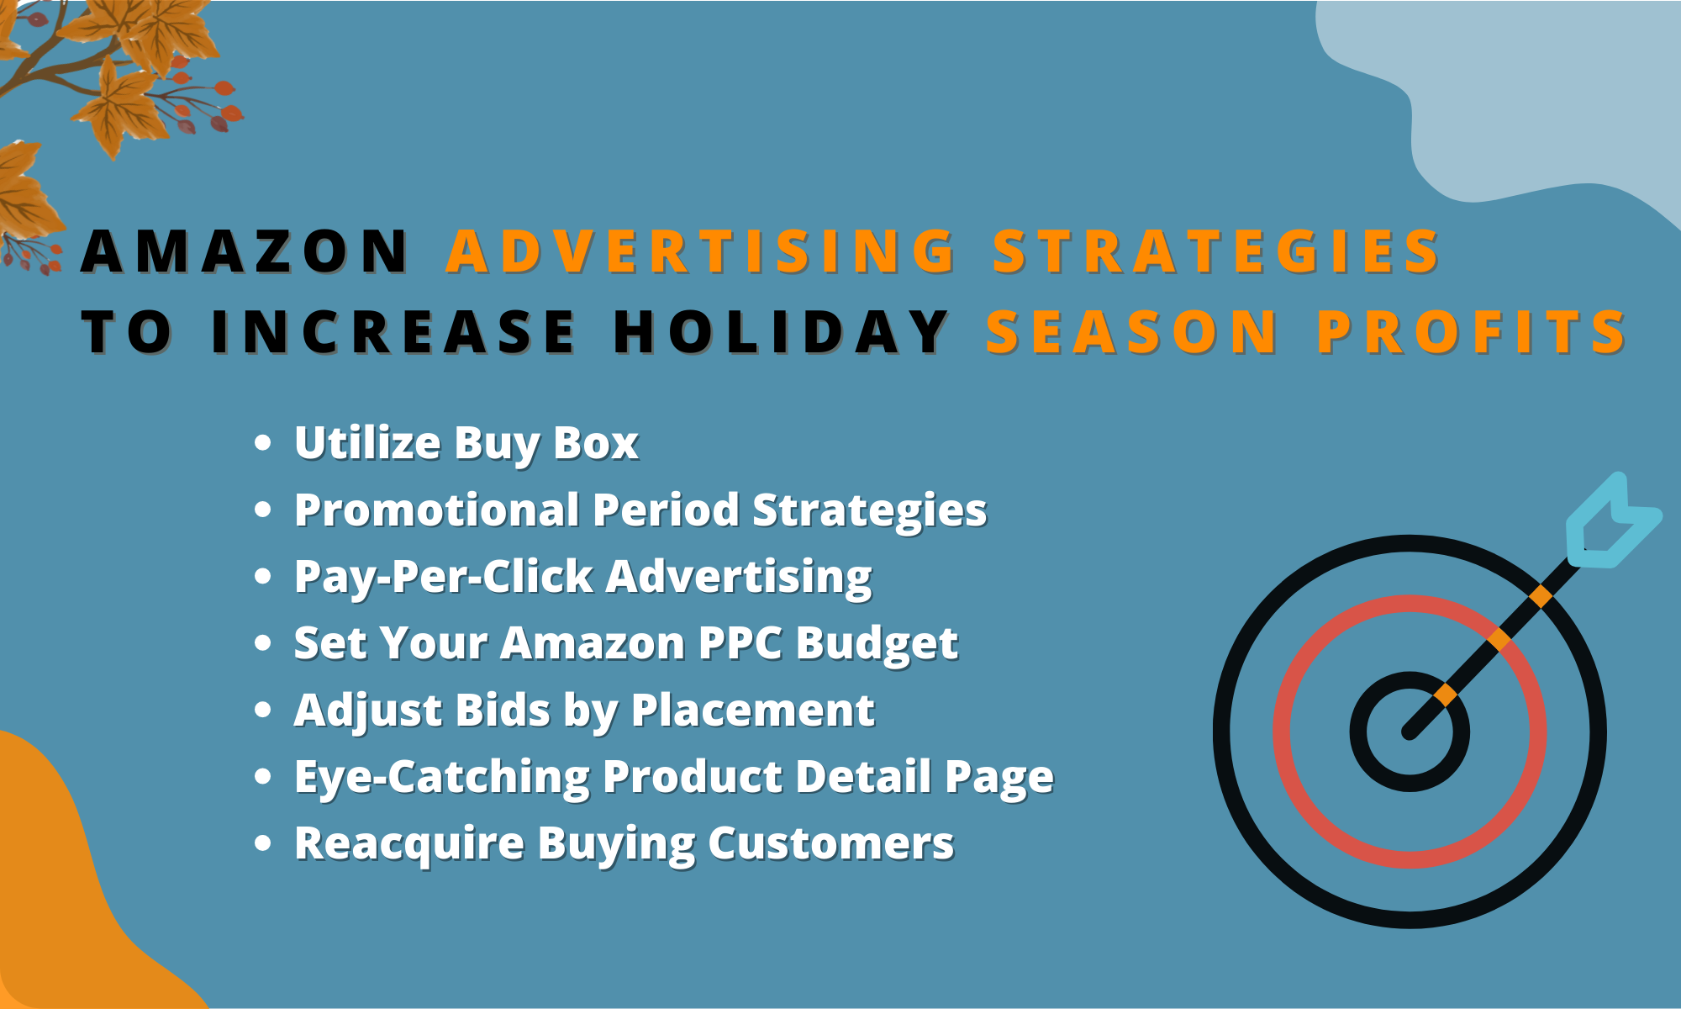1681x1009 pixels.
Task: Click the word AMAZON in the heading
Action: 244,251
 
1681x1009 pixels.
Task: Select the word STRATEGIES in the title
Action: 1216,251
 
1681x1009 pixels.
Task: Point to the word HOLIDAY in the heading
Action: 782,331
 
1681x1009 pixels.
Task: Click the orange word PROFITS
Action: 1471,331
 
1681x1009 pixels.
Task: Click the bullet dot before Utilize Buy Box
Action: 263,443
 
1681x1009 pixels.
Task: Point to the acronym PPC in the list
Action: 740,643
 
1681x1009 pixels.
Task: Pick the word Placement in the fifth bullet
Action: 752,711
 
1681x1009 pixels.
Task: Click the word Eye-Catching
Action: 442,777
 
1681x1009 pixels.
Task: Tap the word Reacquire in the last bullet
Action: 409,843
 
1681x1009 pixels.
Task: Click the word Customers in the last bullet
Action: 830,843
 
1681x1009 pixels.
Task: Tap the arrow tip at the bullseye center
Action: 1410,733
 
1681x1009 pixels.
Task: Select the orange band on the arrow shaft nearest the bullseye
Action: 1445,695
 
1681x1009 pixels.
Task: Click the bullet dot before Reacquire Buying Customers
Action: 263,843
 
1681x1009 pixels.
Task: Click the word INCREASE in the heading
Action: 393,331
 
